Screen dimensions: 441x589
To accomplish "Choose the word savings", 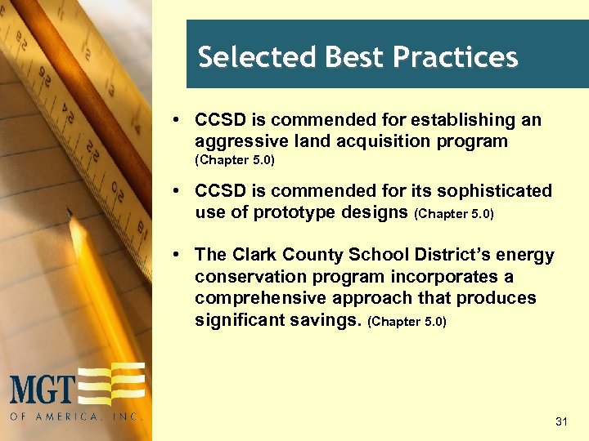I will (330, 320).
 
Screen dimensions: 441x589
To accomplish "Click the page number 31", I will (561, 421).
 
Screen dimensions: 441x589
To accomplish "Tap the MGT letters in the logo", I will (43, 388).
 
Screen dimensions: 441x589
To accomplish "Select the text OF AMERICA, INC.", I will (77, 416).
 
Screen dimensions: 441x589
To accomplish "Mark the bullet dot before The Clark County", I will (178, 256).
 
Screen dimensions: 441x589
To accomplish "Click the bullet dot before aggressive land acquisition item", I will (178, 121).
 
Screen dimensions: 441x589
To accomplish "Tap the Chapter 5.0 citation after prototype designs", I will (455, 213).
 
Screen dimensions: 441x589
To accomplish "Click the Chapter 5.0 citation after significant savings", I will (408, 321).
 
